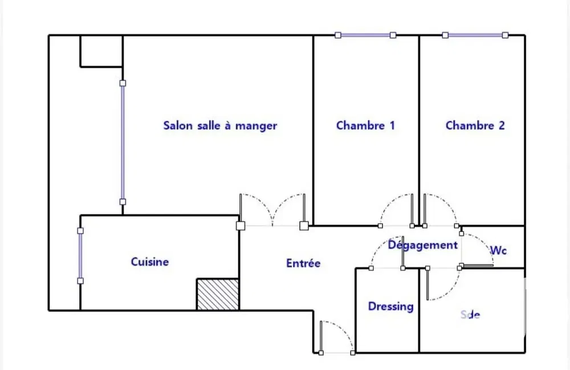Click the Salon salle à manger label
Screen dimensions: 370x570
pos(220,125)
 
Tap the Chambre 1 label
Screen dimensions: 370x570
pos(365,125)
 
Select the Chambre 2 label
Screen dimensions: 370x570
pos(475,125)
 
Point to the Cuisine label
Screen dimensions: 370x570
pos(150,262)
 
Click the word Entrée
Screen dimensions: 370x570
pos(303,263)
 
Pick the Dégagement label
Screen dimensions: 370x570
pos(422,245)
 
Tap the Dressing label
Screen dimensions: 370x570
pos(390,306)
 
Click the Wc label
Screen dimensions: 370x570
pos(498,250)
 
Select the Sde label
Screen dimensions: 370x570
pos(470,314)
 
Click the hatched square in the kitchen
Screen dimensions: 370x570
pos(217,294)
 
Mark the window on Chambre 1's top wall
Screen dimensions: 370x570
pos(365,35)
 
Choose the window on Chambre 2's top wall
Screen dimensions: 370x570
pos(475,35)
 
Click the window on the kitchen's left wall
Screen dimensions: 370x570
pos(80,255)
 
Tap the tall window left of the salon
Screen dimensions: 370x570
pos(123,142)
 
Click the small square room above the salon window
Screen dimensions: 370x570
pos(101,51)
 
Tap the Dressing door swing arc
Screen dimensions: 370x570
pos(386,251)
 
